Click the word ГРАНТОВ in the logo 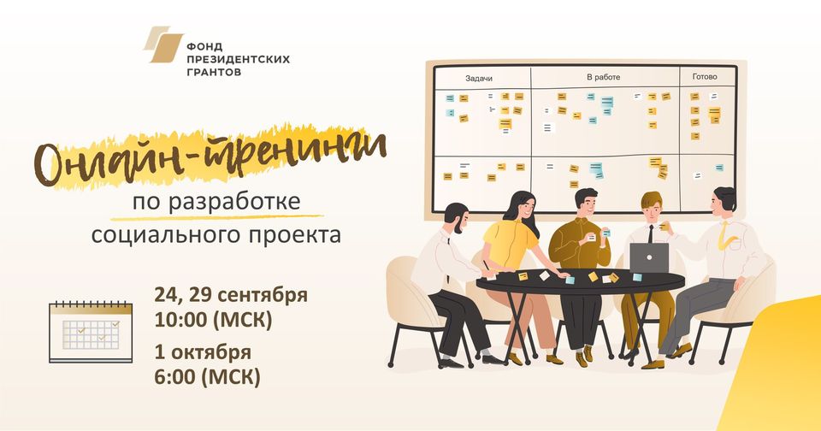(x=214, y=72)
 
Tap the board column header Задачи (x=479, y=79)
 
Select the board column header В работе (x=603, y=77)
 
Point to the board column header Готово (x=704, y=76)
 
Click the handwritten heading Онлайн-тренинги (x=210, y=155)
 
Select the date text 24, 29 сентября (x=231, y=295)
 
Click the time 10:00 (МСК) (x=213, y=320)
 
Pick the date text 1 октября (x=203, y=352)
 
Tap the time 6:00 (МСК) (x=207, y=377)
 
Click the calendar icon (x=91, y=332)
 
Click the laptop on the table (x=649, y=258)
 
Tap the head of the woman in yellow (x=521, y=208)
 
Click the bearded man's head (x=456, y=217)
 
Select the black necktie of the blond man (x=650, y=234)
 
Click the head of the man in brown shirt (x=586, y=202)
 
